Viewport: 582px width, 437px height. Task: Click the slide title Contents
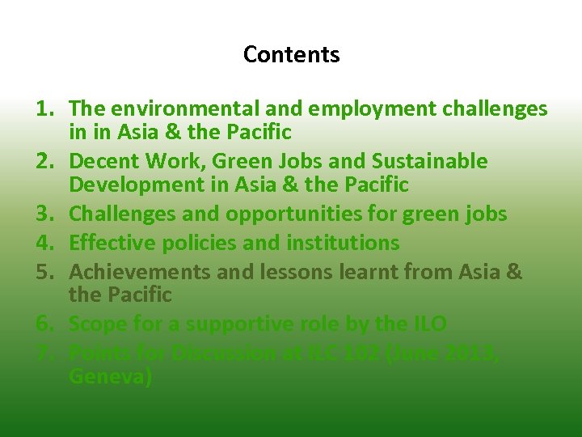point(291,55)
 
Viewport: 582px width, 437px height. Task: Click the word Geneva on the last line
point(110,377)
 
